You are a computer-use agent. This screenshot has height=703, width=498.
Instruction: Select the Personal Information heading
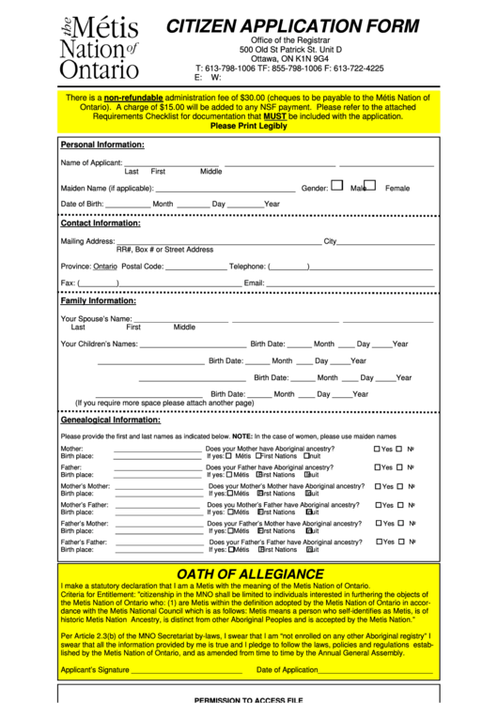[102, 145]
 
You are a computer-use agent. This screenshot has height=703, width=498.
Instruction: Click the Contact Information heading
[101, 223]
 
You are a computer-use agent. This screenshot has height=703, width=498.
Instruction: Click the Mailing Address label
[87, 241]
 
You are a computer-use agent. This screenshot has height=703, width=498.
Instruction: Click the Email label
[254, 283]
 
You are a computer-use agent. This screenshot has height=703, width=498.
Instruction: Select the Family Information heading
[99, 301]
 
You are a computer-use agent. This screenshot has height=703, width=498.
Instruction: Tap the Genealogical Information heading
[109, 420]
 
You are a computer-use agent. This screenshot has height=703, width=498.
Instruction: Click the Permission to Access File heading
[249, 699]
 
